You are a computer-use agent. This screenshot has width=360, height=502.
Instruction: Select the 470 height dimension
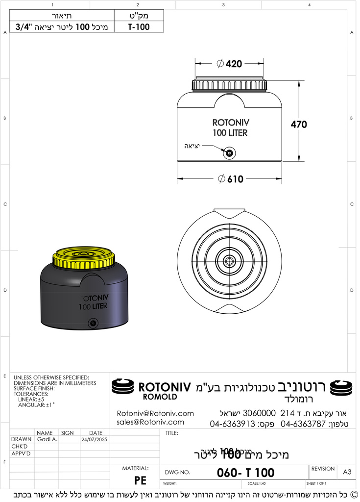(299, 125)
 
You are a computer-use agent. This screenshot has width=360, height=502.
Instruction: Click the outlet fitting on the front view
(229, 153)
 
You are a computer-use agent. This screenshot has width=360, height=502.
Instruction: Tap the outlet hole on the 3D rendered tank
(92, 323)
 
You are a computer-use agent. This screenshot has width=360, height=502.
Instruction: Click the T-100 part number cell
(139, 27)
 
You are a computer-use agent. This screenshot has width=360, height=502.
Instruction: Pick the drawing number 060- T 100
(245, 473)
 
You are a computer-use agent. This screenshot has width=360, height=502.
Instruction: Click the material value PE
(140, 480)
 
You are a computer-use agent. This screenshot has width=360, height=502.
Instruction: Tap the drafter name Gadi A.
(47, 440)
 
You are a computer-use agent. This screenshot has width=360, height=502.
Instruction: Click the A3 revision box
(347, 472)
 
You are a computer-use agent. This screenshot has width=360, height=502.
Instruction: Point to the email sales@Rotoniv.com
(150, 422)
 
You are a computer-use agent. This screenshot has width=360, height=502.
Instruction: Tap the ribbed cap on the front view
(230, 85)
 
